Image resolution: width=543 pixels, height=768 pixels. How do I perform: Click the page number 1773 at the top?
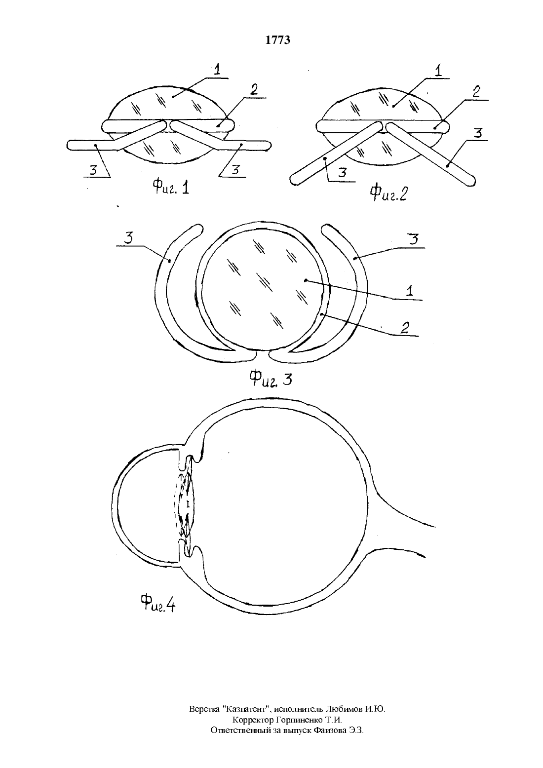click(278, 40)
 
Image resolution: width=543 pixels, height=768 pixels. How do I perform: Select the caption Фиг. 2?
click(388, 192)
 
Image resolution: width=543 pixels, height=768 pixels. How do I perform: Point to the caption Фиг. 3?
click(271, 379)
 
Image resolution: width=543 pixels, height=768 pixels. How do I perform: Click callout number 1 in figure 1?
click(217, 70)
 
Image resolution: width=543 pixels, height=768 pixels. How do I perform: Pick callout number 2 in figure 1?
click(254, 90)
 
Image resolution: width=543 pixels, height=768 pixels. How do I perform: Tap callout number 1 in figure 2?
click(438, 70)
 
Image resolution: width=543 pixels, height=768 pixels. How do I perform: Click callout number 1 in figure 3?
click(409, 290)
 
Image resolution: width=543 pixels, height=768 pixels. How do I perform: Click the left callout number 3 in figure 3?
click(128, 237)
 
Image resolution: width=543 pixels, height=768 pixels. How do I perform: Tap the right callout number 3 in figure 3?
click(414, 238)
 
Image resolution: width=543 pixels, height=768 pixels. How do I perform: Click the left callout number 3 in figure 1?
click(94, 170)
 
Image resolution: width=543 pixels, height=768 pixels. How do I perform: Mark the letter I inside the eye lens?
click(188, 504)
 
